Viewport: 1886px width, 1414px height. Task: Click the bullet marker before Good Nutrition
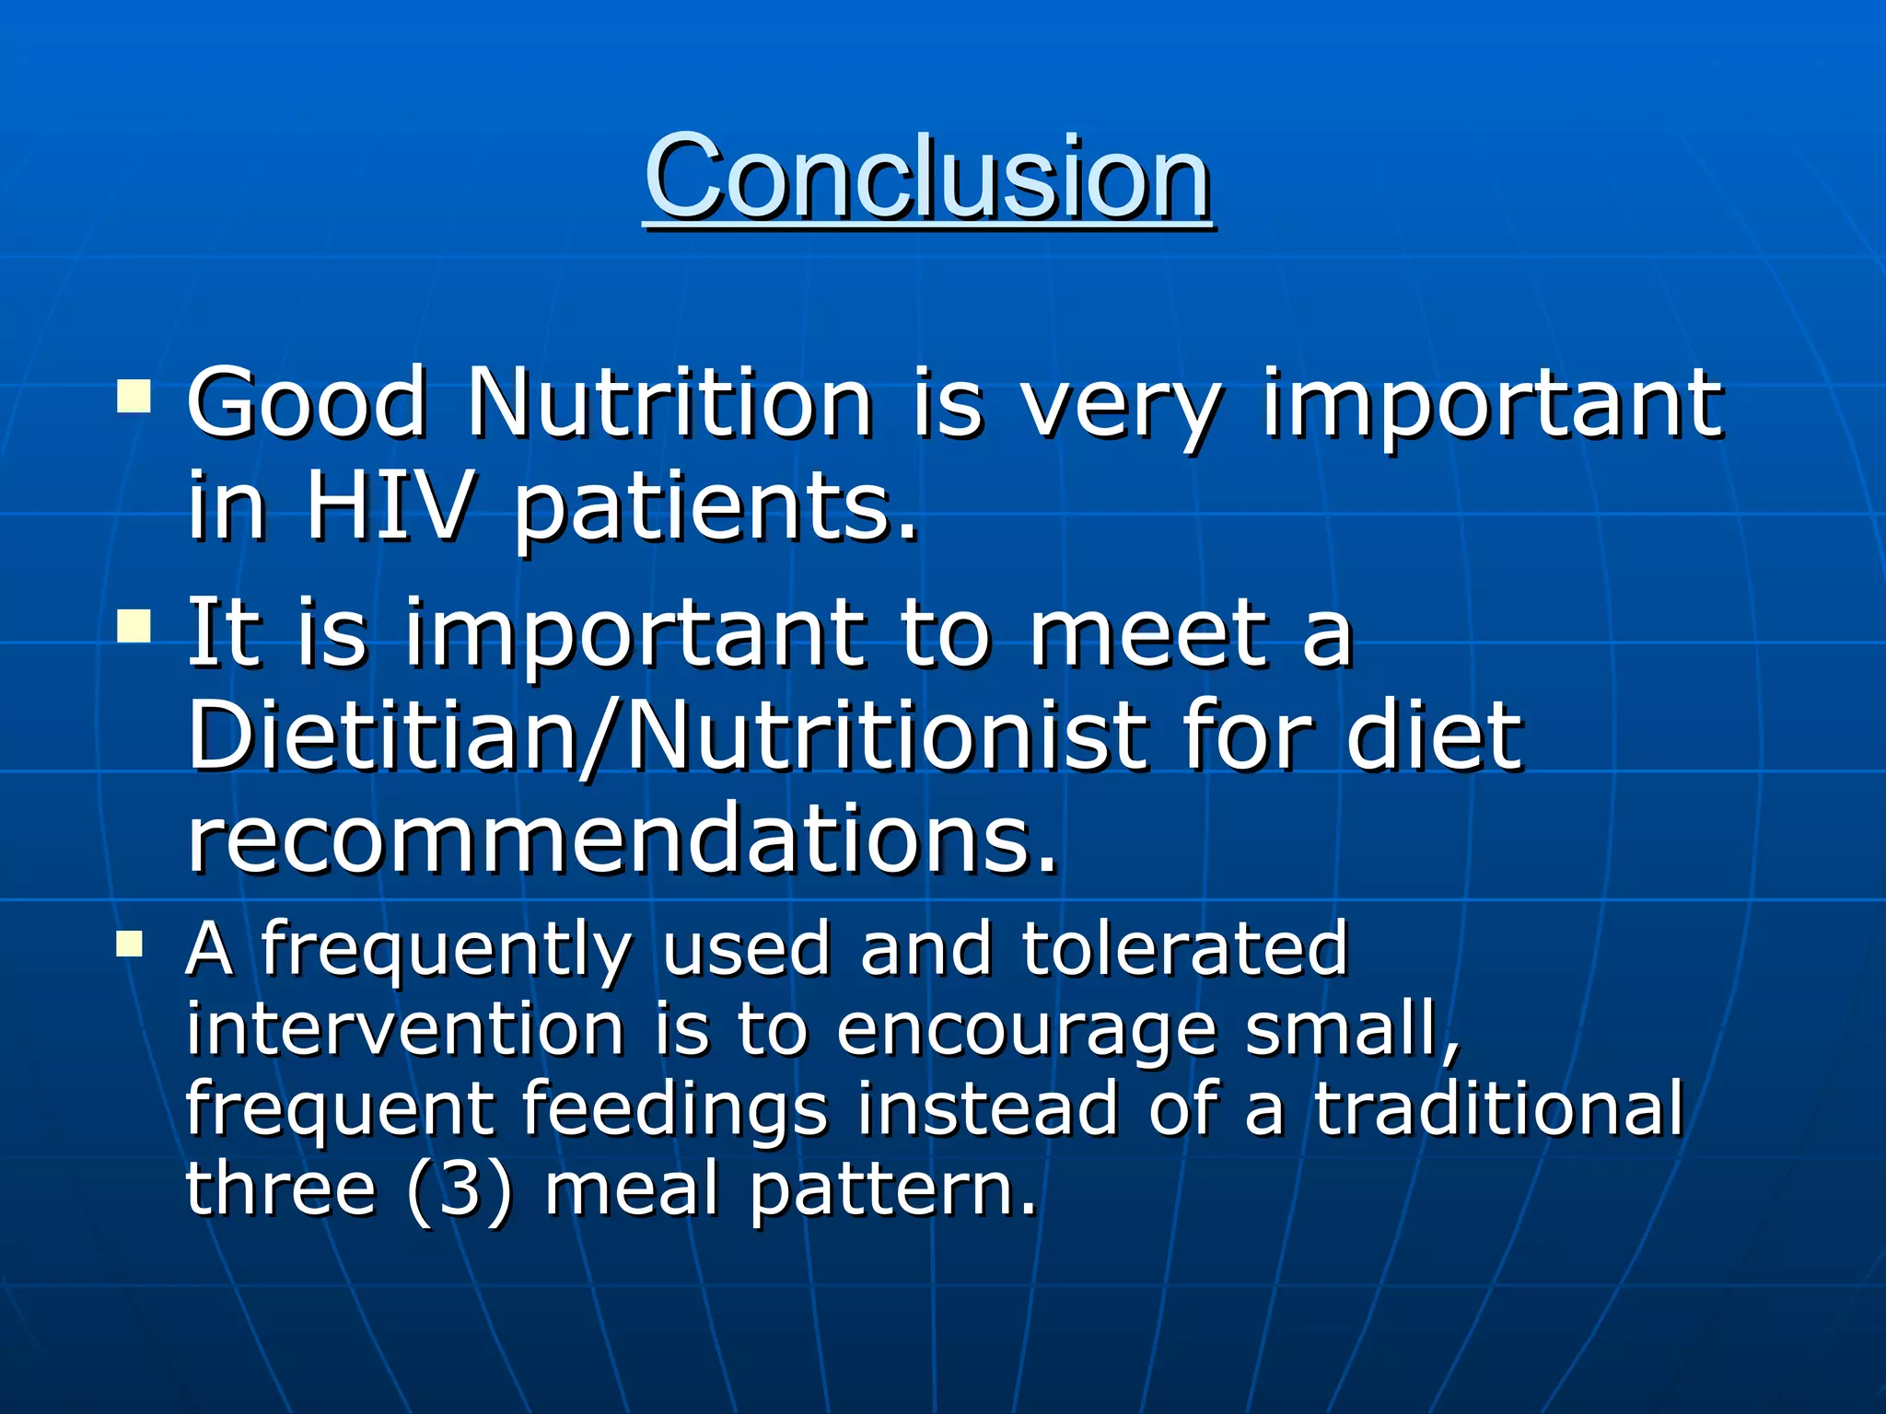click(x=134, y=398)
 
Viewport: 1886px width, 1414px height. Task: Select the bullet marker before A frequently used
click(x=130, y=945)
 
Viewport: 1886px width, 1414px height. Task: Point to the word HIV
click(x=389, y=506)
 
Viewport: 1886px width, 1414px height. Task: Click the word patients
click(x=716, y=511)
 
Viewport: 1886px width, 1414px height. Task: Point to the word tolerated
click(x=1185, y=948)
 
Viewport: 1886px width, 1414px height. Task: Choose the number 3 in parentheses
click(x=460, y=1188)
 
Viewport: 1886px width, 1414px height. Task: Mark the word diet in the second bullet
click(x=1433, y=736)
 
